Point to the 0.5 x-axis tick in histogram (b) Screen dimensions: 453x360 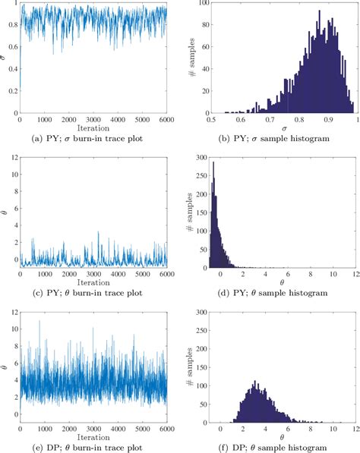tap(208, 120)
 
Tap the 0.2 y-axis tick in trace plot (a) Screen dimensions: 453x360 tap(11, 90)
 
